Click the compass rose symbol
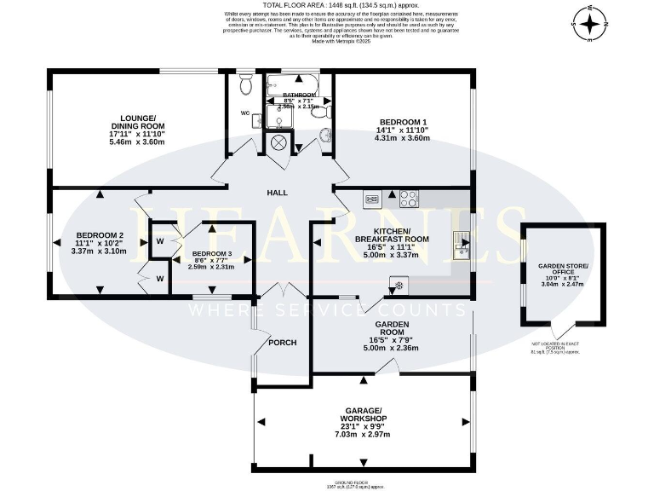(591, 25)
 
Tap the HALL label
(276, 193)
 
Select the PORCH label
(282, 343)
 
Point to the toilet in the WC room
(246, 84)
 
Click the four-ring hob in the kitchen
(409, 199)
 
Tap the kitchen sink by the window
(462, 247)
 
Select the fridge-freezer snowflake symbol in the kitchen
(396, 283)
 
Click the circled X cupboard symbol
(278, 142)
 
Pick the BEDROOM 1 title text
(403, 122)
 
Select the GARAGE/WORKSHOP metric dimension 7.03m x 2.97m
(361, 435)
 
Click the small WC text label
(245, 112)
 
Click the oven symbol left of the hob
(373, 199)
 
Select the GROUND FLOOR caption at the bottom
(361, 480)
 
